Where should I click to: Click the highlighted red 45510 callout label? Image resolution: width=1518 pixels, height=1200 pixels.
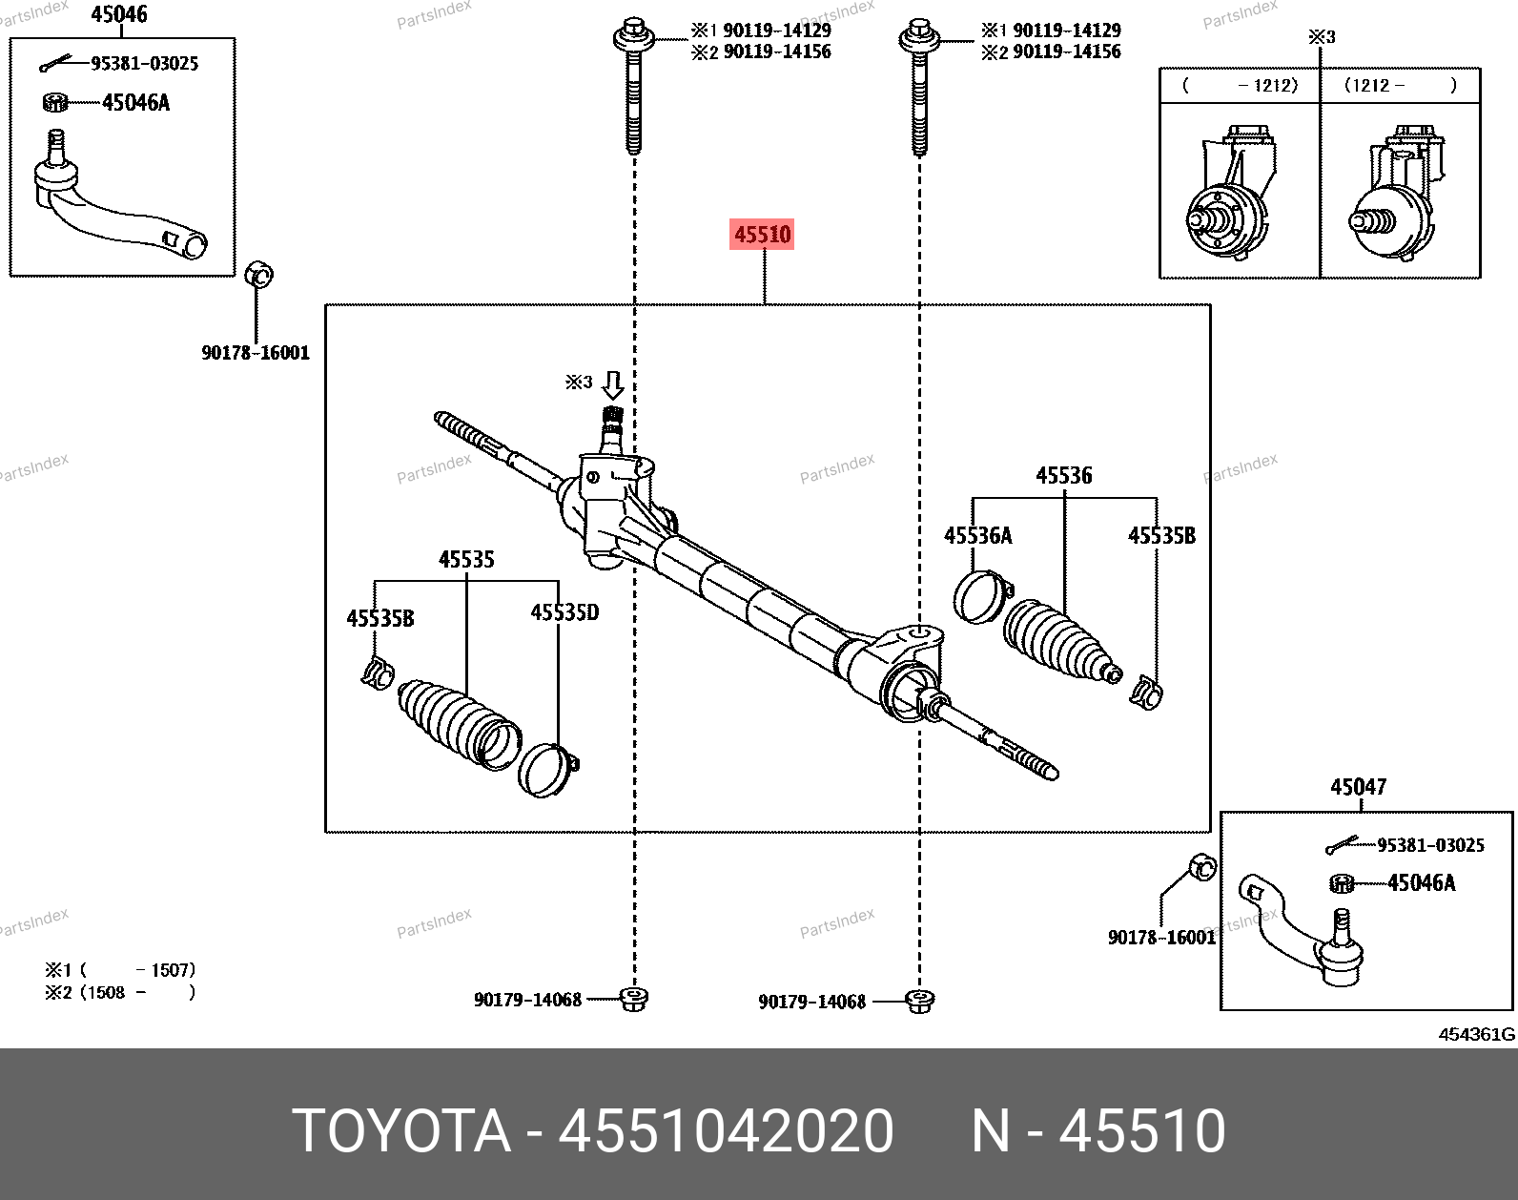762,234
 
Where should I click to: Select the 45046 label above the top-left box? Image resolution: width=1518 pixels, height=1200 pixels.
119,14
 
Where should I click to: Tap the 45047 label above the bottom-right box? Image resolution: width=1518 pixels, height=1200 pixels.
1359,786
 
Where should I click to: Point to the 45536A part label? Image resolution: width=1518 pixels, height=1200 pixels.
977,536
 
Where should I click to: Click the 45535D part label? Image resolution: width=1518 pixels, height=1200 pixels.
564,612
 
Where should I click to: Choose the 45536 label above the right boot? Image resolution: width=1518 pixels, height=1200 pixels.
1064,476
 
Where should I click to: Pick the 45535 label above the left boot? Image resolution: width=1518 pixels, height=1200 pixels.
466,560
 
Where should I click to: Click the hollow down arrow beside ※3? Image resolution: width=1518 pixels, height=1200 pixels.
612,385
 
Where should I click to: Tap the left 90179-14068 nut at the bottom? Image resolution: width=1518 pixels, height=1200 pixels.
633,999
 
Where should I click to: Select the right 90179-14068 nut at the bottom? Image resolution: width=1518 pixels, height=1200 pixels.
919,1001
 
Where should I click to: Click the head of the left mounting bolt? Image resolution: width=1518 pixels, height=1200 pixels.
633,35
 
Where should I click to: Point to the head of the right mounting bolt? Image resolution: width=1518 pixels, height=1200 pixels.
919,35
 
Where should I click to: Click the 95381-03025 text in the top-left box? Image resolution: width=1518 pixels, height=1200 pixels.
145,64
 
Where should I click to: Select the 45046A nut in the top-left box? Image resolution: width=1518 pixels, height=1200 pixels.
55,102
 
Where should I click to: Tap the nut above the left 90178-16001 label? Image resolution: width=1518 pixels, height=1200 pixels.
258,274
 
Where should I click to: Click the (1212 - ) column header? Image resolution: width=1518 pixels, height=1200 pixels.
1400,86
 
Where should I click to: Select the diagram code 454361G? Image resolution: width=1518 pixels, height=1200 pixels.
1476,1035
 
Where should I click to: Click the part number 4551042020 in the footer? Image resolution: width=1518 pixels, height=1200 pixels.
726,1130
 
